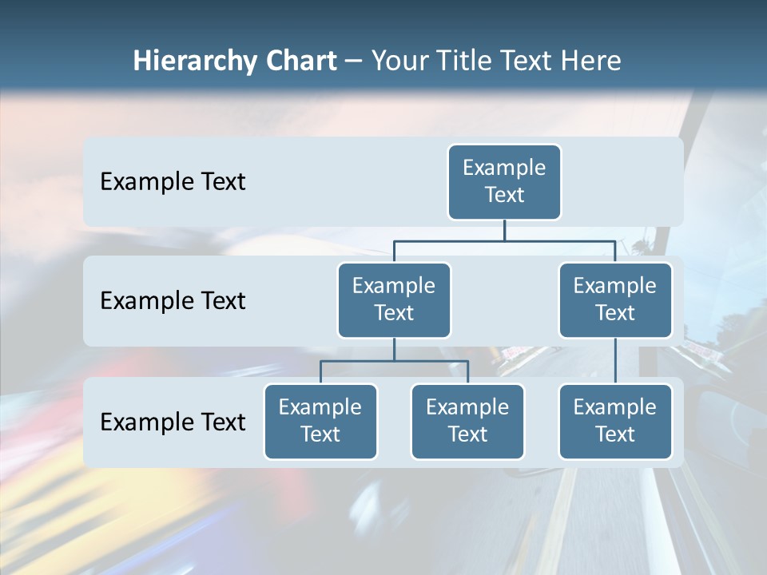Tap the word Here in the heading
click(589, 61)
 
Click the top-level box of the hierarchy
click(504, 182)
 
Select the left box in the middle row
click(394, 300)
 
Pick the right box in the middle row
click(615, 300)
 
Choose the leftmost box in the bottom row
click(320, 422)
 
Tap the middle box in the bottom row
click(467, 422)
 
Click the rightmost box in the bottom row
click(615, 422)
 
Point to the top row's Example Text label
click(173, 182)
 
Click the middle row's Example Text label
click(173, 301)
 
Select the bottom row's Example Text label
click(173, 422)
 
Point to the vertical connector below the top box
click(504, 230)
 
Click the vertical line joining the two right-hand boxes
click(615, 361)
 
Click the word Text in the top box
click(504, 195)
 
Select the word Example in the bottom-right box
click(614, 407)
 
